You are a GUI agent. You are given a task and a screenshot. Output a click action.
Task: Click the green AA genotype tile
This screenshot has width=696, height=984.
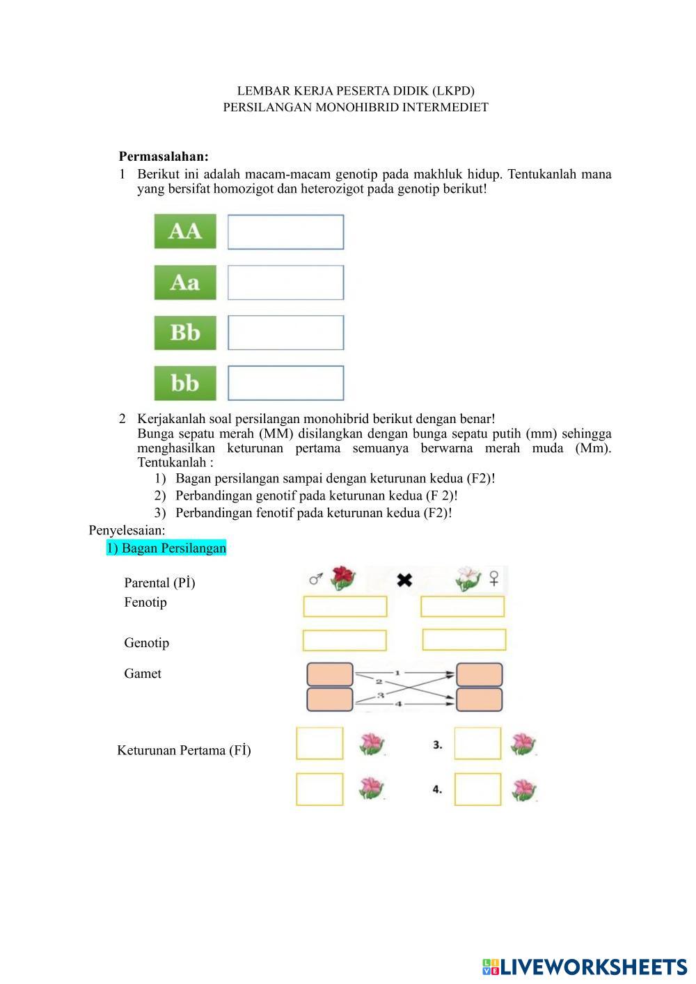click(185, 232)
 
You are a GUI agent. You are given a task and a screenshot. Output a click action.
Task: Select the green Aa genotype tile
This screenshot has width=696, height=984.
click(185, 283)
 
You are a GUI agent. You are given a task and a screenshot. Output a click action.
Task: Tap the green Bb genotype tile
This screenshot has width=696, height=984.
click(185, 333)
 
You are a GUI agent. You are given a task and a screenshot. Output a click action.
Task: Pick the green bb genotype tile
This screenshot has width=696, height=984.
click(185, 383)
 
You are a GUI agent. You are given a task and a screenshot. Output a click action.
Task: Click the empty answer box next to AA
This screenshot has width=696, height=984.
click(285, 232)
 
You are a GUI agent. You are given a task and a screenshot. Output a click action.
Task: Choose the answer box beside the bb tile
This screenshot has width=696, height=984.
click(285, 383)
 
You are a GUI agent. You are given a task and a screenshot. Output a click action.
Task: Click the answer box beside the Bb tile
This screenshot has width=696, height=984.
click(285, 333)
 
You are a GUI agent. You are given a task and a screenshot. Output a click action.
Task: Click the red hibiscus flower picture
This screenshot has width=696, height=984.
click(342, 578)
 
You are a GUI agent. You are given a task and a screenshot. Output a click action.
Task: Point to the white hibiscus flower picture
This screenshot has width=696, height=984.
click(468, 578)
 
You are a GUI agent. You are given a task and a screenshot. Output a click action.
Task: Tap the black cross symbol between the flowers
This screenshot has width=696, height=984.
click(404, 579)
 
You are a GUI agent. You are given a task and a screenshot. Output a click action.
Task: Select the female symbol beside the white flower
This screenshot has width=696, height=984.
click(494, 578)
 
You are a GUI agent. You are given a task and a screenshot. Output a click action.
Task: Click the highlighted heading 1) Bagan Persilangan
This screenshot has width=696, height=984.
click(166, 548)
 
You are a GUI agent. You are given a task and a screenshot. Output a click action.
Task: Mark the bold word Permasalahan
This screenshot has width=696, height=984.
click(164, 157)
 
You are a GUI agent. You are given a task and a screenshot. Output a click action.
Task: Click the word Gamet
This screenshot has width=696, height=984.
click(143, 674)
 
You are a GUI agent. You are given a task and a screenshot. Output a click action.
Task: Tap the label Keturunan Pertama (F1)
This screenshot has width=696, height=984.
click(184, 750)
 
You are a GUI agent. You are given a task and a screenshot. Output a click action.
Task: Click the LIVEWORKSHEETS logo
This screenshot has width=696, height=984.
click(584, 967)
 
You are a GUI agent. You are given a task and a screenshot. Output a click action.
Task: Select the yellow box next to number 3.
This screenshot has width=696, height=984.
click(477, 743)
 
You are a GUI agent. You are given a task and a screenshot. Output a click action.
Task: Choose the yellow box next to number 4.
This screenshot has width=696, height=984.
click(477, 789)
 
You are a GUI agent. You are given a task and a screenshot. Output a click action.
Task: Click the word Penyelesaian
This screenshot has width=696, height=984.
click(127, 530)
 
